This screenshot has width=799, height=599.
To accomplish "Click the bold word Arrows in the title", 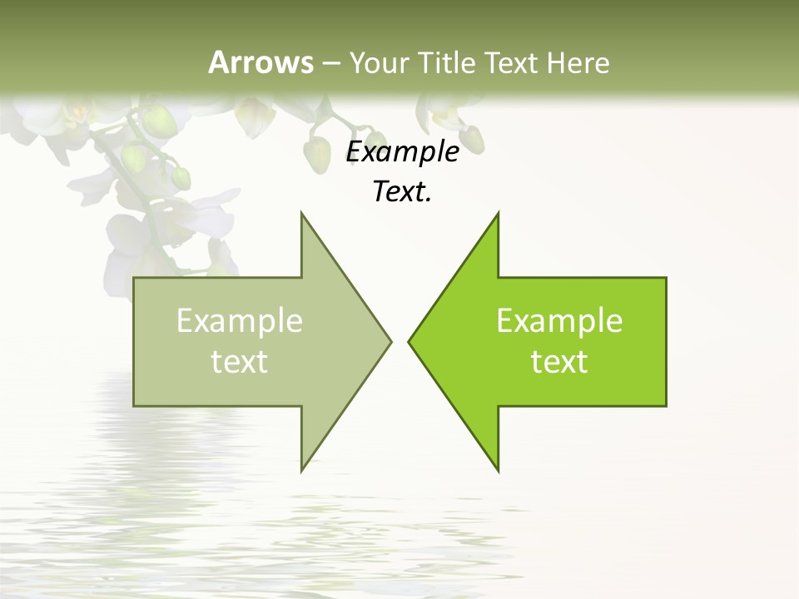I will [x=261, y=62].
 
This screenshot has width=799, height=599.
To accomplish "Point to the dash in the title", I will [x=331, y=63].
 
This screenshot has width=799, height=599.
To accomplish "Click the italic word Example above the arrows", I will [x=403, y=152].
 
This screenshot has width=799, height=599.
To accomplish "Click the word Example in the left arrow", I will [x=240, y=321].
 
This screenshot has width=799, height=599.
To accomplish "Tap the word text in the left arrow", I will [x=240, y=362].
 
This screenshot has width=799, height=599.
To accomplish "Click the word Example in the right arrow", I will [x=559, y=321].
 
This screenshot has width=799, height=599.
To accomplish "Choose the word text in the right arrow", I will [x=559, y=362].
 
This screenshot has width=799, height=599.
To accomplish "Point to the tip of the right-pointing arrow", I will [x=390, y=341].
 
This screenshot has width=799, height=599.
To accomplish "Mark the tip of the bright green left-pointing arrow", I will [x=409, y=341].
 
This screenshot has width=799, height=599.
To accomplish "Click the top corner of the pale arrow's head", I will [x=301, y=213].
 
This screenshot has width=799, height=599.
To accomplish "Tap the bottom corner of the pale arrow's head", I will [x=301, y=470].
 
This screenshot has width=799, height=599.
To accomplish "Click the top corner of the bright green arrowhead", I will [x=498, y=213].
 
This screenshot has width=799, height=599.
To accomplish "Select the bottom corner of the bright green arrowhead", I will [x=498, y=470].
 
